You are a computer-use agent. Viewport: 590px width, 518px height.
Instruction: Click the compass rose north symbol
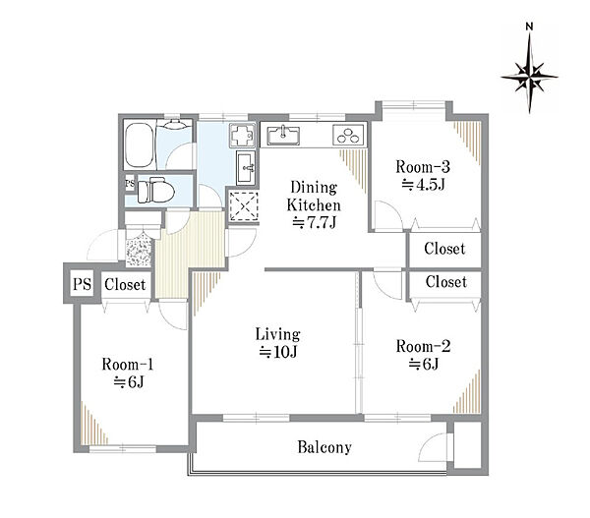[x=529, y=69]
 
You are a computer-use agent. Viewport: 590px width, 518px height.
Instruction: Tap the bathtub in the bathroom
[x=140, y=144]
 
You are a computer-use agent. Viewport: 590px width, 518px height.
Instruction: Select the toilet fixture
[x=155, y=191]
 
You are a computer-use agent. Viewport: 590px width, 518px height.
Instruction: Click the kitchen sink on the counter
[x=284, y=135]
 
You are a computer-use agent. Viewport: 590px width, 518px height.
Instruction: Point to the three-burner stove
[x=348, y=135]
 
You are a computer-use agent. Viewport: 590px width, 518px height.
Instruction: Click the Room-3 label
[x=423, y=176]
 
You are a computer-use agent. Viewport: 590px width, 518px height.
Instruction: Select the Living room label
[x=278, y=343]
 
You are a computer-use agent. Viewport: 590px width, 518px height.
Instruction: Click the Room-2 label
[x=423, y=355]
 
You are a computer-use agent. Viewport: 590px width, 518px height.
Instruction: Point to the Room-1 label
[x=128, y=374]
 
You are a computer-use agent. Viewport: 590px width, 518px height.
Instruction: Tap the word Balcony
[x=324, y=447]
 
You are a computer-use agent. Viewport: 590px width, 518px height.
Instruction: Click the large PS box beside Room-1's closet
[x=82, y=284]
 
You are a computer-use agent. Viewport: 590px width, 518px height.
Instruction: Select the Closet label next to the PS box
[x=125, y=285]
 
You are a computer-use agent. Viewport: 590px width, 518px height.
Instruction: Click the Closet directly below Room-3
[x=444, y=249]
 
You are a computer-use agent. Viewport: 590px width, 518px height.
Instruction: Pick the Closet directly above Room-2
[x=445, y=282]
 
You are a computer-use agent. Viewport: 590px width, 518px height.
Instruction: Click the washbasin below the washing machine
[x=246, y=168]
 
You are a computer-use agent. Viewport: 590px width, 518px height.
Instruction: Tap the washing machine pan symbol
[x=243, y=135]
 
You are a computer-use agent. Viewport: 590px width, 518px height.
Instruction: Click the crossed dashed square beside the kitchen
[x=244, y=206]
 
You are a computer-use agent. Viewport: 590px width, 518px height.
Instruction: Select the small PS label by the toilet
[x=130, y=184]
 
